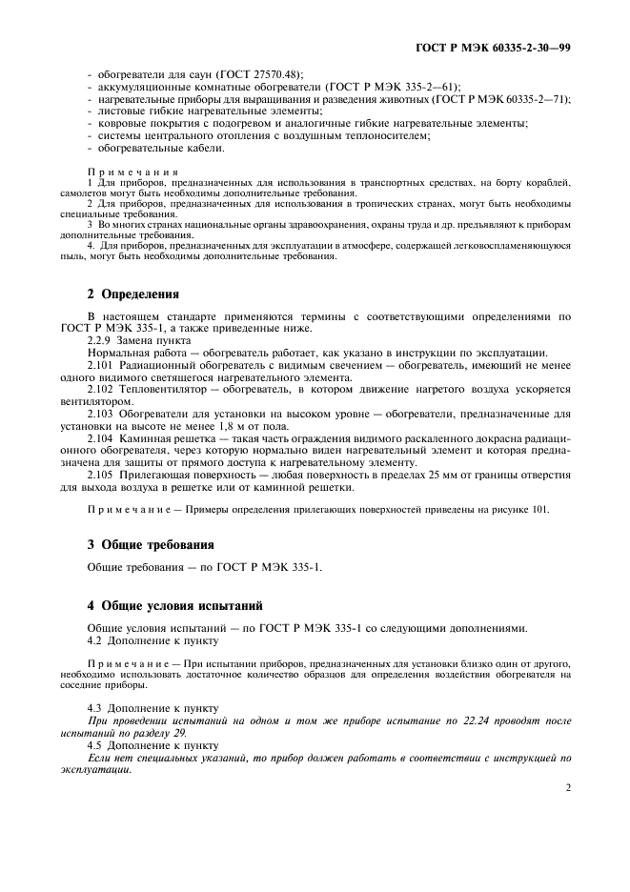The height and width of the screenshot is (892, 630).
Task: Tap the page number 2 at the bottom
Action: [x=568, y=787]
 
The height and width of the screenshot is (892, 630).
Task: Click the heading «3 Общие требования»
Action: [x=150, y=544]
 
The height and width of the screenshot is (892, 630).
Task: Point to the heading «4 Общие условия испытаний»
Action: [x=174, y=605]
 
